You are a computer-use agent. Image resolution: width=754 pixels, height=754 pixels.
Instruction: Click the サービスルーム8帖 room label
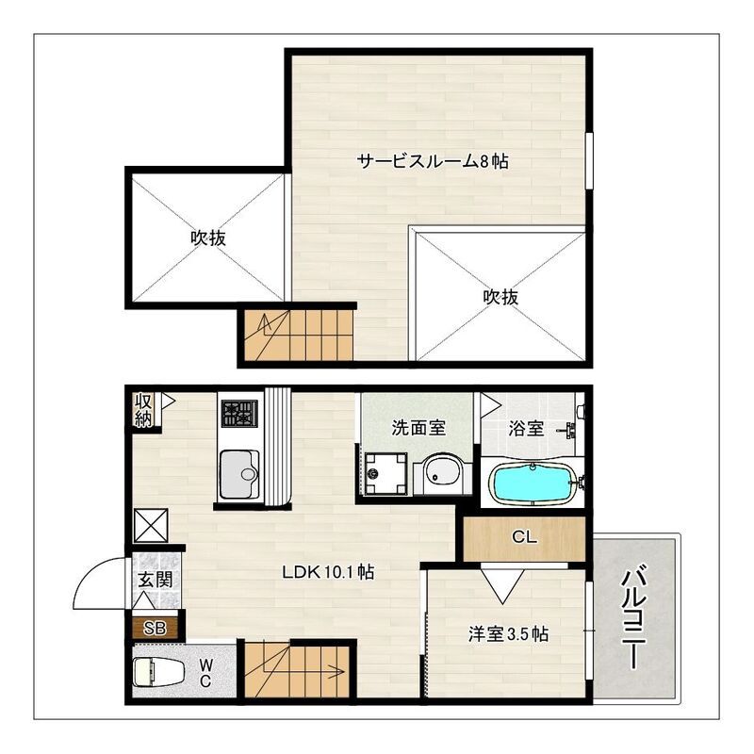click(433, 161)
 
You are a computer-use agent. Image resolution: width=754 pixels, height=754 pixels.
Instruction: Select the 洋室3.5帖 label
click(508, 633)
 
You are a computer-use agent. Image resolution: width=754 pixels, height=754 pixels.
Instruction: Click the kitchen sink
click(239, 475)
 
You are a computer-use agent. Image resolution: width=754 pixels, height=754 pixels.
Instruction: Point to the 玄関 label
click(156, 581)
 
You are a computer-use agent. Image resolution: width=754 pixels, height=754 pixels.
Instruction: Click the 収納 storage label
click(143, 411)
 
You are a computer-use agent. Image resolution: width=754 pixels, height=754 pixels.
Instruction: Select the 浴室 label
click(526, 428)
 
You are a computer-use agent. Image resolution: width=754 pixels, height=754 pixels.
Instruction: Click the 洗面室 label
click(418, 428)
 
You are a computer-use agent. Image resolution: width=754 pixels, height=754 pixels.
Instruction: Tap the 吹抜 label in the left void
click(207, 238)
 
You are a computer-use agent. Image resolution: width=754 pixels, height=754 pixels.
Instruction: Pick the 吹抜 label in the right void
click(501, 297)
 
